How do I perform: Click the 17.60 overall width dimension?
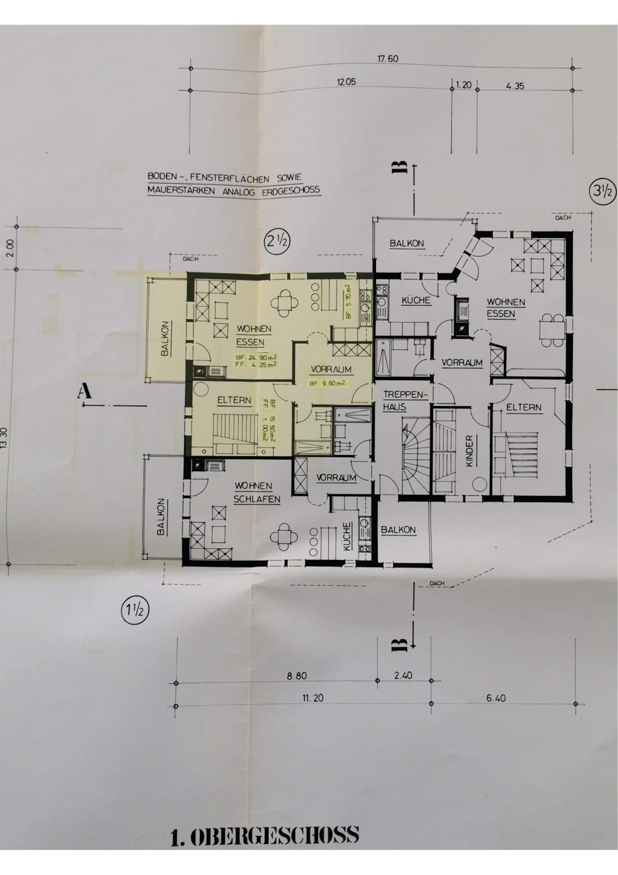click(x=388, y=59)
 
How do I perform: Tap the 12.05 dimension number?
click(x=346, y=82)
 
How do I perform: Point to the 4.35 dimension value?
click(x=515, y=86)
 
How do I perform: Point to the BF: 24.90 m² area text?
click(x=256, y=358)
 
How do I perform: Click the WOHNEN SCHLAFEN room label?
click(x=257, y=492)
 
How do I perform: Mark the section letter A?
click(x=84, y=391)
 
